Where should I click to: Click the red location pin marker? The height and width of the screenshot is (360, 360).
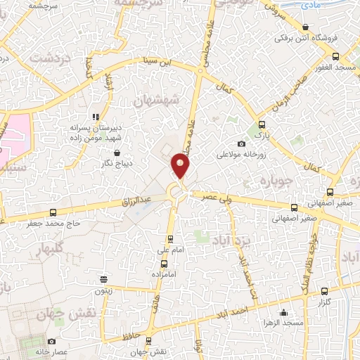pos(181,166)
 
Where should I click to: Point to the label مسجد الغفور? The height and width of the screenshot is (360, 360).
pos(336,67)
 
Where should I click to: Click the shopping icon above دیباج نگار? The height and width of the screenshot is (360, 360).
pos(117,152)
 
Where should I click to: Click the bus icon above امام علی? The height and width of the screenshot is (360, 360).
pos(169,240)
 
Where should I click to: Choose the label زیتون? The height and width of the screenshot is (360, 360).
pos(103,289)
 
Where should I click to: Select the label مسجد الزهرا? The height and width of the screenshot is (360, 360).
pos(284,323)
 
